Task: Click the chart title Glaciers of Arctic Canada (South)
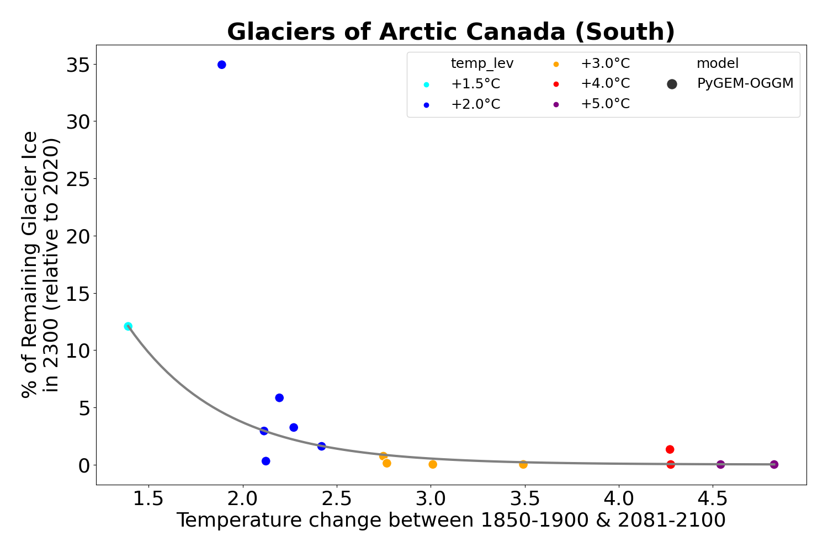click(450, 32)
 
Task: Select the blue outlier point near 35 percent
click(222, 65)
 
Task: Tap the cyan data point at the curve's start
click(128, 326)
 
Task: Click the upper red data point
click(670, 449)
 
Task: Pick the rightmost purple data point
click(774, 464)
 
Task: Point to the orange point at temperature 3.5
click(523, 464)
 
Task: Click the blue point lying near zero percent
click(266, 461)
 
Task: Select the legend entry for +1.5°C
click(475, 84)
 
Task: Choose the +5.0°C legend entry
click(604, 104)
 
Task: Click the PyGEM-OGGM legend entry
click(745, 84)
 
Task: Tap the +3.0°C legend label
click(604, 63)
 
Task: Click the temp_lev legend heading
click(482, 63)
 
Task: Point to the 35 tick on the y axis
click(78, 65)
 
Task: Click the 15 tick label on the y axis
click(78, 293)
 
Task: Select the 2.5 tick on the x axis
click(337, 498)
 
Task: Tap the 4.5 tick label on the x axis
click(712, 498)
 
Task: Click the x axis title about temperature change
click(450, 521)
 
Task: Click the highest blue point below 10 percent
click(279, 398)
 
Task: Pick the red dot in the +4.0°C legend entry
click(556, 84)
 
